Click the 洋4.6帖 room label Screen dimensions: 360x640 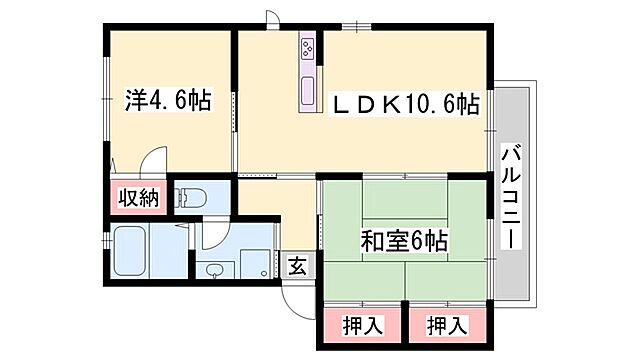click(168, 101)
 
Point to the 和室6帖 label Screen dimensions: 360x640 click(404, 240)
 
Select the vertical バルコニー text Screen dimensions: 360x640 click(510, 198)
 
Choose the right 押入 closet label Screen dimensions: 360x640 click(445, 325)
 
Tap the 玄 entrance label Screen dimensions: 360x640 click(298, 265)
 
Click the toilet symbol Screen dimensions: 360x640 click(192, 197)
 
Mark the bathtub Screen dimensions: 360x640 click(134, 253)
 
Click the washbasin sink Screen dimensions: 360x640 click(215, 268)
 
